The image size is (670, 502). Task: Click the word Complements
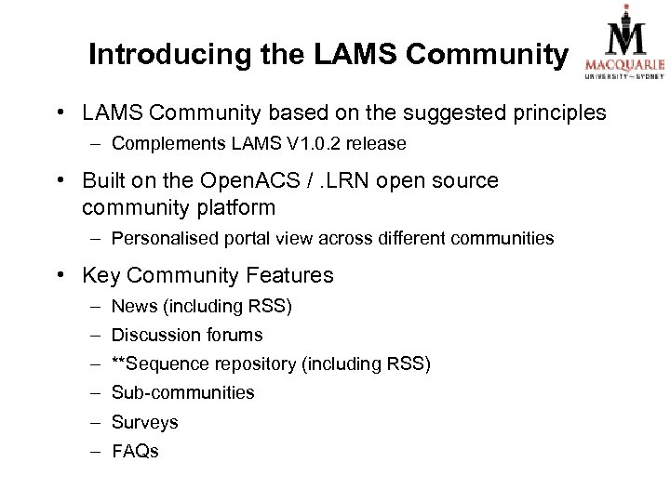tap(161, 145)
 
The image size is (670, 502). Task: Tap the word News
tap(131, 306)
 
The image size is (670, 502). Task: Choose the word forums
tap(234, 335)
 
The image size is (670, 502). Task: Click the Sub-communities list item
tap(182, 392)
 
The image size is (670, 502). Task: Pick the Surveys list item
tap(144, 422)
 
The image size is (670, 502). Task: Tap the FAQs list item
tap(135, 451)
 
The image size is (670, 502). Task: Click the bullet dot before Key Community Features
tap(61, 275)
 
